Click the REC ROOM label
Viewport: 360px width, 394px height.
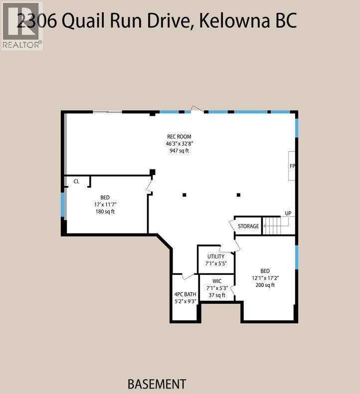coord(179,137)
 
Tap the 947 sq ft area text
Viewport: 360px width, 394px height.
coord(179,151)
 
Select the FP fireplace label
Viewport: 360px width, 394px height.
coord(292,166)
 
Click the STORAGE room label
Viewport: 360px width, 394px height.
coord(248,226)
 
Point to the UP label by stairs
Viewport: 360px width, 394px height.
coord(288,213)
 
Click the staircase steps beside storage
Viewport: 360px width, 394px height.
coord(272,225)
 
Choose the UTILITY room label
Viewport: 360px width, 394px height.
coord(216,256)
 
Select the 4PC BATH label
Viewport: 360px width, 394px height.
coord(185,294)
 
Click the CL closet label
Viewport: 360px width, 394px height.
coord(76,182)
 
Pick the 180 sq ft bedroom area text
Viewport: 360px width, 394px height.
coord(105,211)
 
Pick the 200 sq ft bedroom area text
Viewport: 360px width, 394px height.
coord(265,285)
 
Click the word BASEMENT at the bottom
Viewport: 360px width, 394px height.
coord(157,384)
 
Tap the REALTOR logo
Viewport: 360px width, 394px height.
coord(21,25)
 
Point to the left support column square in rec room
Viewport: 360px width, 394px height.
coord(184,195)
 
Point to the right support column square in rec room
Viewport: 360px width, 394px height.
coord(239,195)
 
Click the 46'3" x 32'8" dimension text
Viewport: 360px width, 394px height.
coord(179,144)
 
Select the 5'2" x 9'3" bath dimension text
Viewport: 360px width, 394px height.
coord(185,301)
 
